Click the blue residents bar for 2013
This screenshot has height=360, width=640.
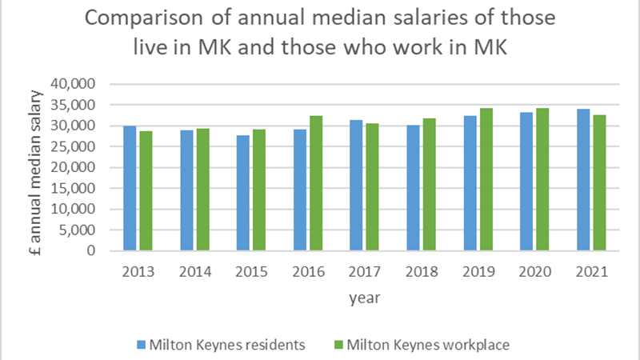click(130, 188)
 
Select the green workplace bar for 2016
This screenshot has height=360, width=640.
click(315, 183)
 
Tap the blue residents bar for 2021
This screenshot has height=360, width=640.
click(584, 180)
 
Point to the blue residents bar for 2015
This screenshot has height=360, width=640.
click(243, 193)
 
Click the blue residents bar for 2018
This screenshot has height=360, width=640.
click(414, 188)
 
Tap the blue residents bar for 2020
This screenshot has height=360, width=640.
click(527, 182)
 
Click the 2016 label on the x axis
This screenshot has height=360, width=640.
click(307, 272)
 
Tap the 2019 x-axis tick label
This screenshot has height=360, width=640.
click(478, 272)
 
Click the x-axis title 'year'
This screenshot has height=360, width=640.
click(364, 298)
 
